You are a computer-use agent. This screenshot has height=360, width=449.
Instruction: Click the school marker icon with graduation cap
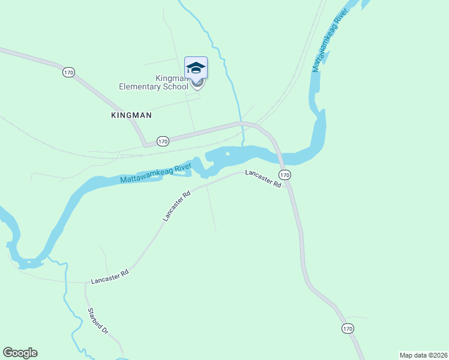click(x=196, y=68)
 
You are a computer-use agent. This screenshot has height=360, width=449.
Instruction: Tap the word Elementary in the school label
click(x=140, y=86)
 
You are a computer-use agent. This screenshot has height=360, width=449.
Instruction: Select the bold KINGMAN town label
click(x=131, y=115)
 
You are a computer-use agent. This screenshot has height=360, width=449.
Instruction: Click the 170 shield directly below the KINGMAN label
click(x=163, y=141)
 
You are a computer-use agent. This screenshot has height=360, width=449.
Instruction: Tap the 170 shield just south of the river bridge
click(x=285, y=175)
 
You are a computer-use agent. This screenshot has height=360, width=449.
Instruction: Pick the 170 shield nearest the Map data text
click(x=348, y=328)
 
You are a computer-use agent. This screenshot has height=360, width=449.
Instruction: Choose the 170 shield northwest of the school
click(x=68, y=72)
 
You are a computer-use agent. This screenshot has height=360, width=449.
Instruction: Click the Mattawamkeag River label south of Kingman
click(x=155, y=174)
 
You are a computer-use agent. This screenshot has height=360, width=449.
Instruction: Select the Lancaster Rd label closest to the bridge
click(x=263, y=179)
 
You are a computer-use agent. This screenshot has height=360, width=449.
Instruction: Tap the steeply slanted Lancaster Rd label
click(x=176, y=206)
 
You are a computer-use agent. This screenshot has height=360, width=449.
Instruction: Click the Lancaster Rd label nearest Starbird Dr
click(x=110, y=277)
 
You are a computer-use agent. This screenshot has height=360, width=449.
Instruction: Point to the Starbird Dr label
click(x=97, y=321)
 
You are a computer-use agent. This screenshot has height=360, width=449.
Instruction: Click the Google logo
click(x=20, y=353)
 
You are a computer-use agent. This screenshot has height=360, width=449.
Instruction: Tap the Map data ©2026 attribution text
click(x=423, y=355)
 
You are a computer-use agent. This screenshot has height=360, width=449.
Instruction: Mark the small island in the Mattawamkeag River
click(x=228, y=154)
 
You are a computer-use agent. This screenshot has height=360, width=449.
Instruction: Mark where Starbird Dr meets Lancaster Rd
click(x=85, y=282)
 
